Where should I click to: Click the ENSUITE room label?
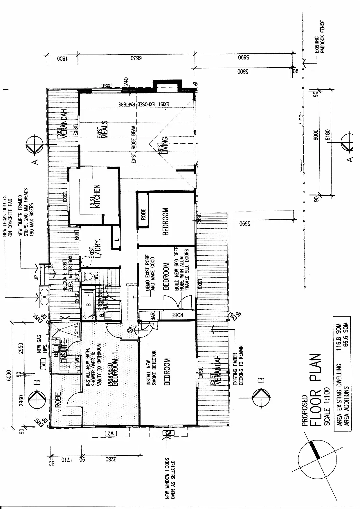(64, 352)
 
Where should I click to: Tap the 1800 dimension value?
(62, 58)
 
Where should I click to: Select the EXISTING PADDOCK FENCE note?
(320, 36)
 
